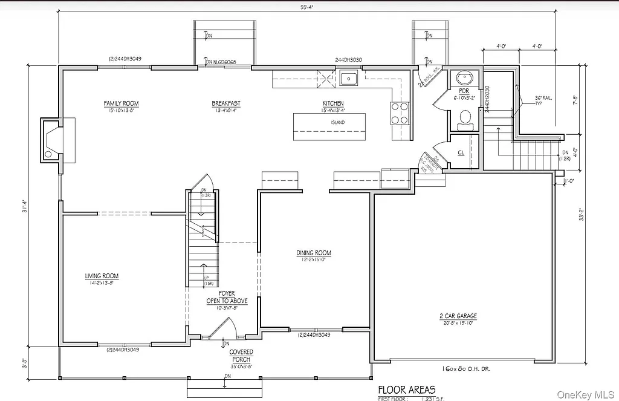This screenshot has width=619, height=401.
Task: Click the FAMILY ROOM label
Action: [x=122, y=103]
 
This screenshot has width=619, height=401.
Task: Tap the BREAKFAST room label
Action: [x=225, y=103]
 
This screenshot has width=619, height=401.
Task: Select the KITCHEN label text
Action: [x=333, y=103]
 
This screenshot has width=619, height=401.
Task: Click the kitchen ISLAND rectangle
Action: [x=329, y=126]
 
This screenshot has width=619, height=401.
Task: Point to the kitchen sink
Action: [x=349, y=78]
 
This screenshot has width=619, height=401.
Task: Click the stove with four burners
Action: [x=400, y=112]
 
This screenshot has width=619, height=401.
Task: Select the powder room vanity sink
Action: [x=465, y=79]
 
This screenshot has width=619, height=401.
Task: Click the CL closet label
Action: [x=461, y=152]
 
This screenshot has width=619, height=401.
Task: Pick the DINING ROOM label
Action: [x=314, y=253]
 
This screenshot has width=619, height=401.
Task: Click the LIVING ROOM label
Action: [x=102, y=276]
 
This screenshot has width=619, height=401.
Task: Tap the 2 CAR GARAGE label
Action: [x=458, y=316]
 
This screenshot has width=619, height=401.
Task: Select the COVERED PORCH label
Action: [x=241, y=355]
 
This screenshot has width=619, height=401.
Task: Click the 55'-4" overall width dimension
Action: [x=308, y=7]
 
